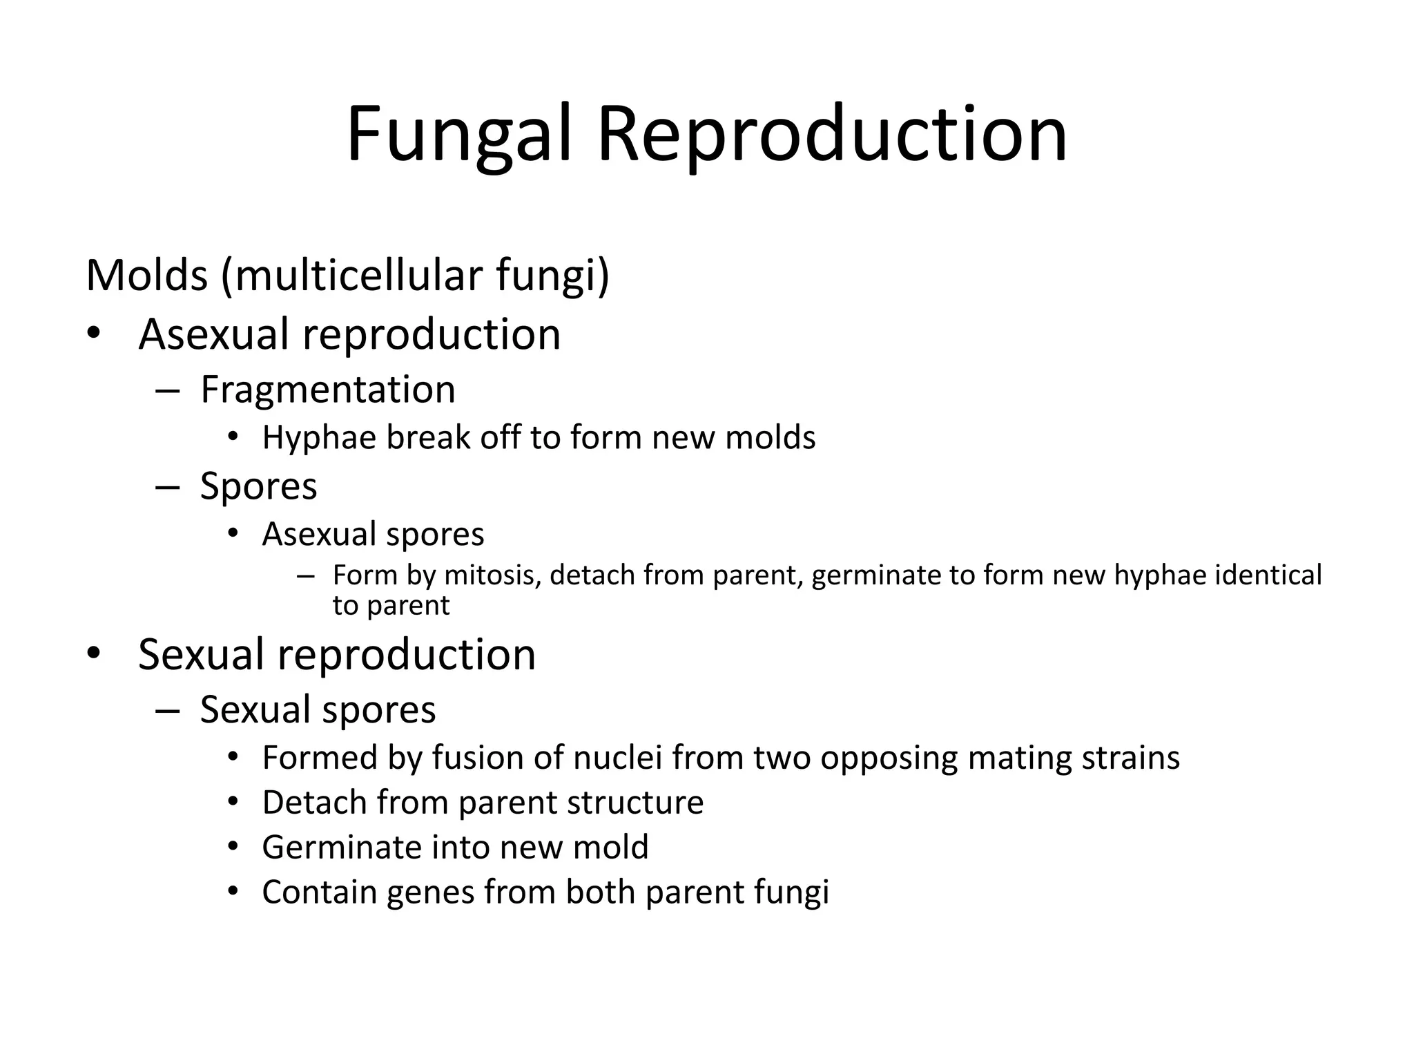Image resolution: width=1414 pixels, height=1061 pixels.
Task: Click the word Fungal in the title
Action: [459, 135]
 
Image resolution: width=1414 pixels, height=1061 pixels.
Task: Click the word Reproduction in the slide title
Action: [832, 135]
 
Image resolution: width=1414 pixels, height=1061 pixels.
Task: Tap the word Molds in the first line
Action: [146, 275]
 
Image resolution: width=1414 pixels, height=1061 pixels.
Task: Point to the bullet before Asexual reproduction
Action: [94, 334]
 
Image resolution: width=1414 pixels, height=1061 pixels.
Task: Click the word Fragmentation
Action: [327, 389]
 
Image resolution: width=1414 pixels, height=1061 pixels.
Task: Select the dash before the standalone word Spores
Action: [167, 486]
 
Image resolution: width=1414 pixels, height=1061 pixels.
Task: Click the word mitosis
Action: [492, 575]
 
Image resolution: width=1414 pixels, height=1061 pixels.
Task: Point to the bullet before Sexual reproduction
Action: [94, 653]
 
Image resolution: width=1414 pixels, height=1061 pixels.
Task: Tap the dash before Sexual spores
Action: [167, 710]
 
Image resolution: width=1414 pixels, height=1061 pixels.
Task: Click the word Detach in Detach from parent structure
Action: [314, 803]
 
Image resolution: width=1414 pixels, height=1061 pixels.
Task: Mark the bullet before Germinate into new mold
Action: [233, 847]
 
